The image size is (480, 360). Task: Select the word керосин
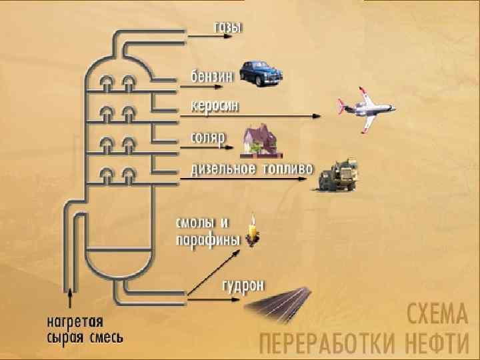[x=215, y=107]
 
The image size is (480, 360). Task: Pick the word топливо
[x=287, y=168]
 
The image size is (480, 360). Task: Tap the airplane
[x=365, y=107]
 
